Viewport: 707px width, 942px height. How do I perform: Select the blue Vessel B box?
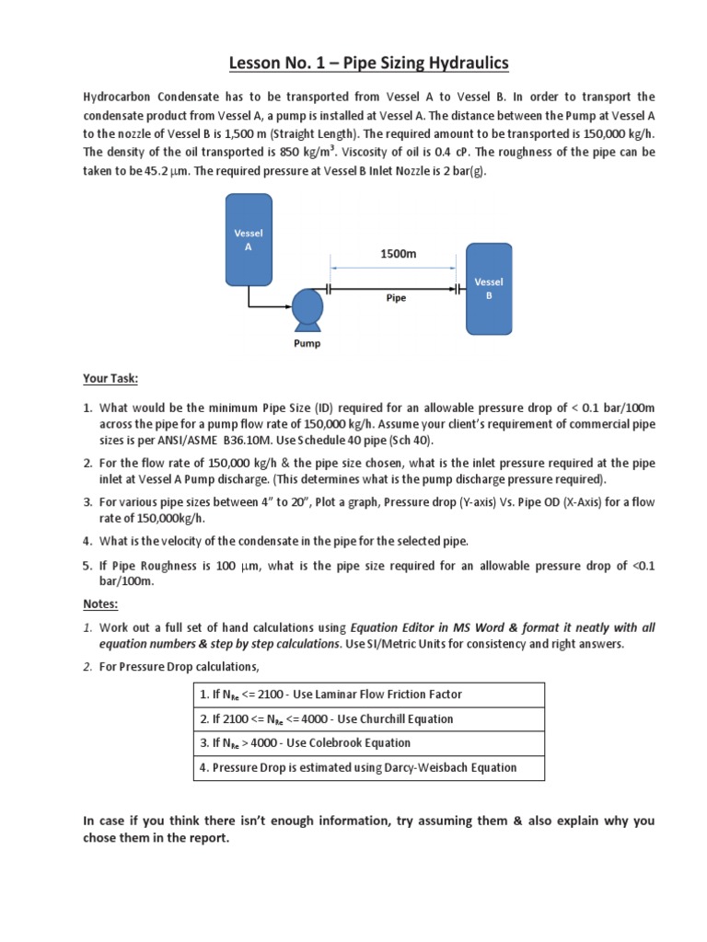pyautogui.click(x=489, y=288)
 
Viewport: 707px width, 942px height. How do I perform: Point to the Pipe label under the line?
pyautogui.click(x=395, y=299)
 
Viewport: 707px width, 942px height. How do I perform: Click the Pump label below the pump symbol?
pyautogui.click(x=306, y=344)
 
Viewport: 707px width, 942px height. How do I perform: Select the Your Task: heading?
pyautogui.click(x=110, y=379)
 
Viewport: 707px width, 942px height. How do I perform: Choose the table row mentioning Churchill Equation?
pyautogui.click(x=369, y=718)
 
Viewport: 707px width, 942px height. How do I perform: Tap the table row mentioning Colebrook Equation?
pyautogui.click(x=369, y=742)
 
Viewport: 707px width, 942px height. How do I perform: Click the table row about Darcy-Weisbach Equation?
pyautogui.click(x=369, y=767)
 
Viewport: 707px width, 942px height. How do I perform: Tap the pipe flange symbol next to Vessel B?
pyautogui.click(x=458, y=288)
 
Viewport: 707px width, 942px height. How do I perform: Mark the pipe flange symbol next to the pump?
pyautogui.click(x=330, y=288)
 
